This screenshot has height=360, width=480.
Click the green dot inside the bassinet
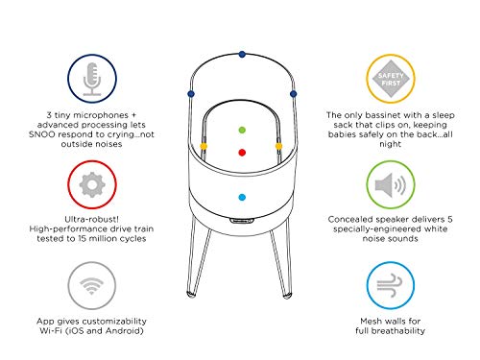pyautogui.click(x=242, y=128)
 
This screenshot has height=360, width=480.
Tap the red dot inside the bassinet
pyautogui.click(x=242, y=152)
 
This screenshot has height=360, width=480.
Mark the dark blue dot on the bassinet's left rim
pyautogui.click(x=191, y=93)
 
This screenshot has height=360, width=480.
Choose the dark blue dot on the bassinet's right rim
pyautogui.click(x=293, y=93)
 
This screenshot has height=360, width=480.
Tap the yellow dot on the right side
pyautogui.click(x=278, y=147)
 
